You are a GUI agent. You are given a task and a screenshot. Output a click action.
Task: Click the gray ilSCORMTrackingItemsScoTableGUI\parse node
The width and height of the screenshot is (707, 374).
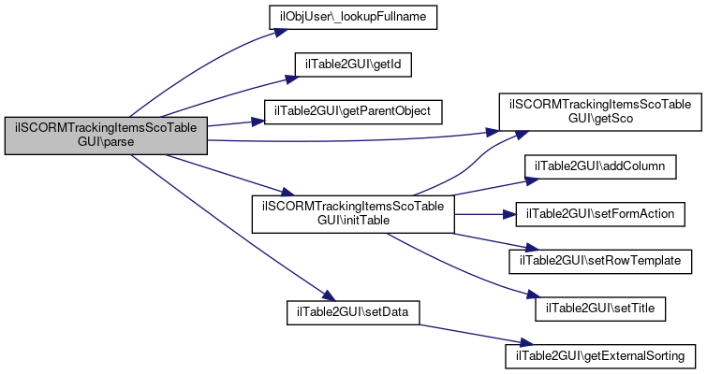(106, 136)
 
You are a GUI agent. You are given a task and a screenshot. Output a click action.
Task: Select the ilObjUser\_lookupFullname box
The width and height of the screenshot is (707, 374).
(353, 17)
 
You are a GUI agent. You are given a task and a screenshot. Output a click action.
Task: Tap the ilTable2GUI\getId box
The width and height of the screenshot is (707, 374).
(353, 65)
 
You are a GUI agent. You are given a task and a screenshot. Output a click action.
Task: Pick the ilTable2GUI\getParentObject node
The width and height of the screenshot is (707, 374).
(353, 111)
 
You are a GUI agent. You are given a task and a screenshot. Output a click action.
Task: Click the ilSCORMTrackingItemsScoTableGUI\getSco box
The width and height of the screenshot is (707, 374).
(600, 112)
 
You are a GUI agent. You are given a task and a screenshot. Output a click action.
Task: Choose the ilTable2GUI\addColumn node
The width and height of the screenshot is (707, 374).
(600, 166)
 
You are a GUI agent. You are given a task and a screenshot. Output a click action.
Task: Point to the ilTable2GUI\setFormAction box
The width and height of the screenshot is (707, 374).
(600, 214)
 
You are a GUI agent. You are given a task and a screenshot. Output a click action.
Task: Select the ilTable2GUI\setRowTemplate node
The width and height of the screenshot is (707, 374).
(600, 261)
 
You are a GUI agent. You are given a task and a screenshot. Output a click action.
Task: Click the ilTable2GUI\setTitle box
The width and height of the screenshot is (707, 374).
(600, 309)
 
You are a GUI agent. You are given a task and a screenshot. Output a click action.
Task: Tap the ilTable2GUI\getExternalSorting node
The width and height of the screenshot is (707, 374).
(600, 356)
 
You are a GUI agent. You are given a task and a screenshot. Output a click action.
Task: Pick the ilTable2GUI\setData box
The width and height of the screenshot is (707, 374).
(353, 312)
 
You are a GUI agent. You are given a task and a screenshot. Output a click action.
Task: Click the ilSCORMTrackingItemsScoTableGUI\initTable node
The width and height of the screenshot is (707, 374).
(353, 214)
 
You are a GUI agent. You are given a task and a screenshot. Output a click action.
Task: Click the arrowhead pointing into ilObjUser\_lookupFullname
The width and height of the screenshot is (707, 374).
(280, 33)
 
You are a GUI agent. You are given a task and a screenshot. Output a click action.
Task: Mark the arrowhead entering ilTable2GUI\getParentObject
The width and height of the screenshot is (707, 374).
(258, 122)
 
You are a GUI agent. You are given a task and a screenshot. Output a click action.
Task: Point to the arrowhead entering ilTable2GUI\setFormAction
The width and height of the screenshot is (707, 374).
(509, 214)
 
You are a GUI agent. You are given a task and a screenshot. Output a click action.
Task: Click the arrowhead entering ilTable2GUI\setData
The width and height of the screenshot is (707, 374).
(329, 295)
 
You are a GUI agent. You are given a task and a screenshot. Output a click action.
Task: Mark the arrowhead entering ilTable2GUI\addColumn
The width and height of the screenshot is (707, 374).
(533, 181)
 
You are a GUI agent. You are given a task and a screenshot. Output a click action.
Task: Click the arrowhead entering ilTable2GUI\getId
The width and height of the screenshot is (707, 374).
(292, 79)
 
